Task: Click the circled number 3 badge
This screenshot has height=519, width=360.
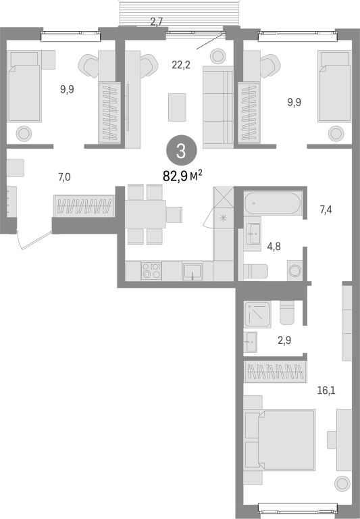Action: (x=181, y=151)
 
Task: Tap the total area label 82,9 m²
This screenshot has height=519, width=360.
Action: (x=182, y=176)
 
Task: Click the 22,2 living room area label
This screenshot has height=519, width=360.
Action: (x=181, y=65)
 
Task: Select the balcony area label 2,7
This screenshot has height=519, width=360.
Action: (x=157, y=22)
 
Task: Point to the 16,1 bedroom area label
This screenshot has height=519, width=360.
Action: (x=326, y=391)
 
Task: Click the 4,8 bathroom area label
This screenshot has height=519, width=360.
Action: (x=274, y=246)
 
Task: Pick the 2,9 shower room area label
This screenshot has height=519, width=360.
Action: (x=284, y=341)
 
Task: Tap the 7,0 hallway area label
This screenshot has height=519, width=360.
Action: (x=65, y=178)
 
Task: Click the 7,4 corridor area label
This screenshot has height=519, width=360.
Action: (x=326, y=209)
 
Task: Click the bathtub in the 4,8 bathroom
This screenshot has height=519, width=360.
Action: (x=273, y=203)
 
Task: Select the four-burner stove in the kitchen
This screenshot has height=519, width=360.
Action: (x=151, y=270)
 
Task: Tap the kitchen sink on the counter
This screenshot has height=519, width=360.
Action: (x=192, y=272)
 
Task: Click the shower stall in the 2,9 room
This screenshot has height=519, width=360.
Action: (x=257, y=314)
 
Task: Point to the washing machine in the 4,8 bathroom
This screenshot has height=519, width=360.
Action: (x=294, y=270)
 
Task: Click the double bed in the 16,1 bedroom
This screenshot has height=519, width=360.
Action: (x=280, y=440)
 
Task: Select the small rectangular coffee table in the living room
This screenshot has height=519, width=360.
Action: (x=177, y=107)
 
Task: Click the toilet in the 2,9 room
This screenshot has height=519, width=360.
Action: (x=287, y=312)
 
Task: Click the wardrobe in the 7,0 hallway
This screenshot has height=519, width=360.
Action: (x=84, y=206)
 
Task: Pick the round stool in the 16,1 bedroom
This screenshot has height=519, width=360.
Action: (x=342, y=484)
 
